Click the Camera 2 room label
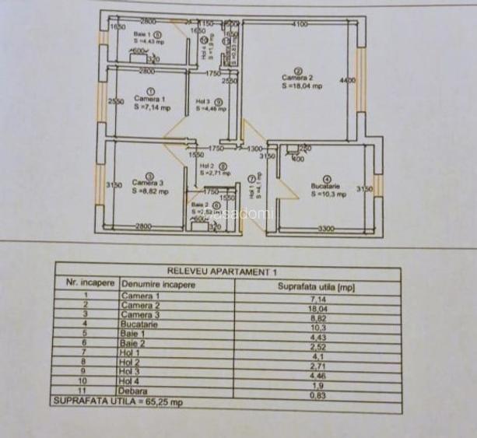(298, 78)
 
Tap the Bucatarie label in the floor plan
(325, 187)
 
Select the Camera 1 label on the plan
(149, 100)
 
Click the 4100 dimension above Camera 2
(300, 25)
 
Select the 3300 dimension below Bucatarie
(325, 228)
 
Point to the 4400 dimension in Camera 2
(347, 80)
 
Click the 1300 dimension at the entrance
(254, 148)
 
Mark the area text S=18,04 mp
(303, 86)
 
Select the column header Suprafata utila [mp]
(316, 286)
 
